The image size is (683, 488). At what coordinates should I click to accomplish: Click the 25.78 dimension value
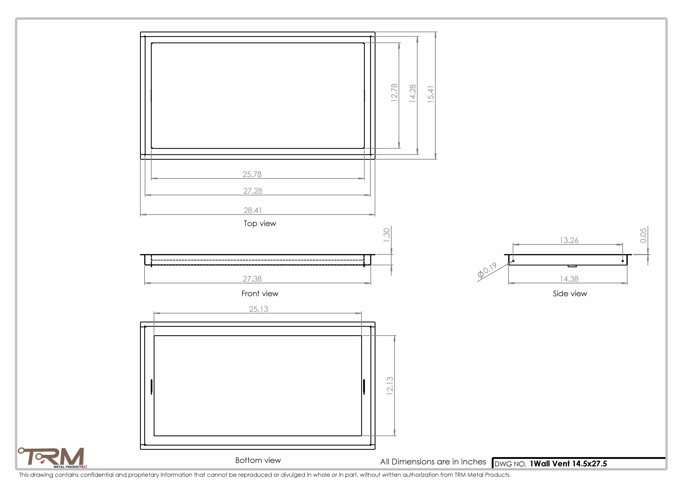[252, 174]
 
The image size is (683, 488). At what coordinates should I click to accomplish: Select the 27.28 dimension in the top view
[253, 191]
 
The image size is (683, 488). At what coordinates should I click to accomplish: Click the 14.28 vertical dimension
[413, 94]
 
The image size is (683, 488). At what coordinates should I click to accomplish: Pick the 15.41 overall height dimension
[431, 94]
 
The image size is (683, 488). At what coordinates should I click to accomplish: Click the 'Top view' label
[260, 224]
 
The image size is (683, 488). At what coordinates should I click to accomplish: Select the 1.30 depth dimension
[387, 235]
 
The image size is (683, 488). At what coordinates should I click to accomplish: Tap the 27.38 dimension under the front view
[252, 279]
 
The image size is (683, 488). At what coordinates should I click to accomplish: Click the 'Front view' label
[260, 294]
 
